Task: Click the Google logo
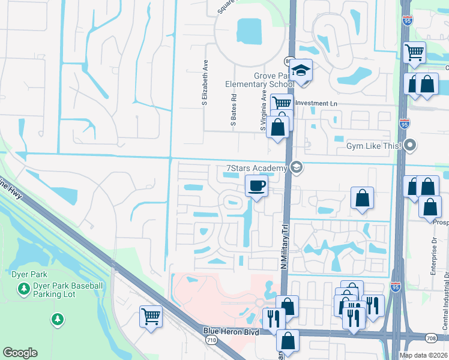coord(20,353)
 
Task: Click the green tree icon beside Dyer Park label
coord(23,290)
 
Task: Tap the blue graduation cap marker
coord(301,71)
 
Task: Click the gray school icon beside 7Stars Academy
coord(295,167)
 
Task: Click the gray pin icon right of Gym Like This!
coord(411,145)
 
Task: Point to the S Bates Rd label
coord(234,110)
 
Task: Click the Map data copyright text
coord(423,355)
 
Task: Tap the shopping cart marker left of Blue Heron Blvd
coord(151,316)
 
